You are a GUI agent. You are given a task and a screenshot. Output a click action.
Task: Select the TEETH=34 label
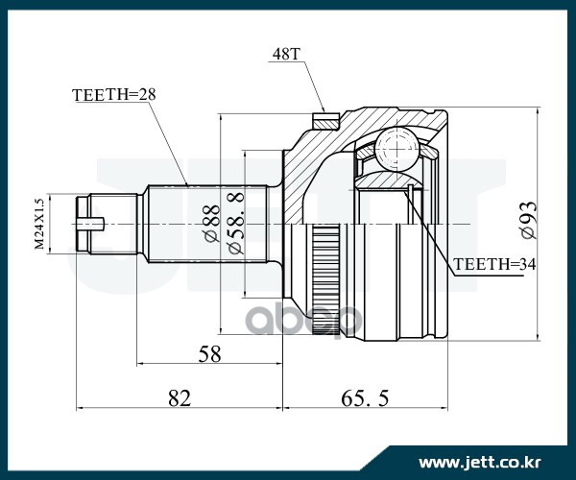[492, 264]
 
